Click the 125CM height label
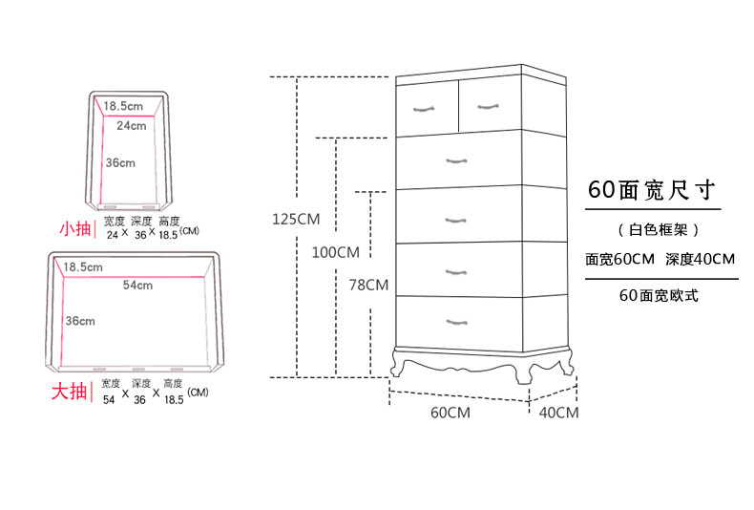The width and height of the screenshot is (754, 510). (x=296, y=220)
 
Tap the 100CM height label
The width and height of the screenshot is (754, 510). (x=336, y=252)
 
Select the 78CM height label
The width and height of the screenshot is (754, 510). (x=368, y=286)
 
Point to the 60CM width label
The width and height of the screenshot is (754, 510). (x=450, y=413)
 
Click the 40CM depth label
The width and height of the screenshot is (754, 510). (x=558, y=413)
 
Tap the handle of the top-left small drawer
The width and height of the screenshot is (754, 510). (x=424, y=109)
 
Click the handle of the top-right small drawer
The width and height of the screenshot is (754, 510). (x=488, y=106)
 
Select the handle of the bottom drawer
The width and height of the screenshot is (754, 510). (x=457, y=322)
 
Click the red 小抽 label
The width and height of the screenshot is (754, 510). (x=75, y=228)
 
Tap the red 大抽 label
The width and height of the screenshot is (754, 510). (x=70, y=392)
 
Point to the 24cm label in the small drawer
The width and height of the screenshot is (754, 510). (x=132, y=126)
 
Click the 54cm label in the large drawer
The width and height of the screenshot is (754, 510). (x=137, y=286)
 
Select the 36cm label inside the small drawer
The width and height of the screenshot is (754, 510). (x=120, y=163)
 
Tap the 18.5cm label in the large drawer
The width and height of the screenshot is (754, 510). (x=83, y=267)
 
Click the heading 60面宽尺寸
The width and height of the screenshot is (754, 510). (x=652, y=190)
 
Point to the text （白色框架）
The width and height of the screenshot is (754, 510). (x=659, y=229)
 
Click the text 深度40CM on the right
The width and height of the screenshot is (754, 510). (x=701, y=260)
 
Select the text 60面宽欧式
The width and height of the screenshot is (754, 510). (x=659, y=295)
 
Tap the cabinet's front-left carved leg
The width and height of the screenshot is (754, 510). (x=397, y=364)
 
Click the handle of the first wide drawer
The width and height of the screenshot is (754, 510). (x=456, y=160)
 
